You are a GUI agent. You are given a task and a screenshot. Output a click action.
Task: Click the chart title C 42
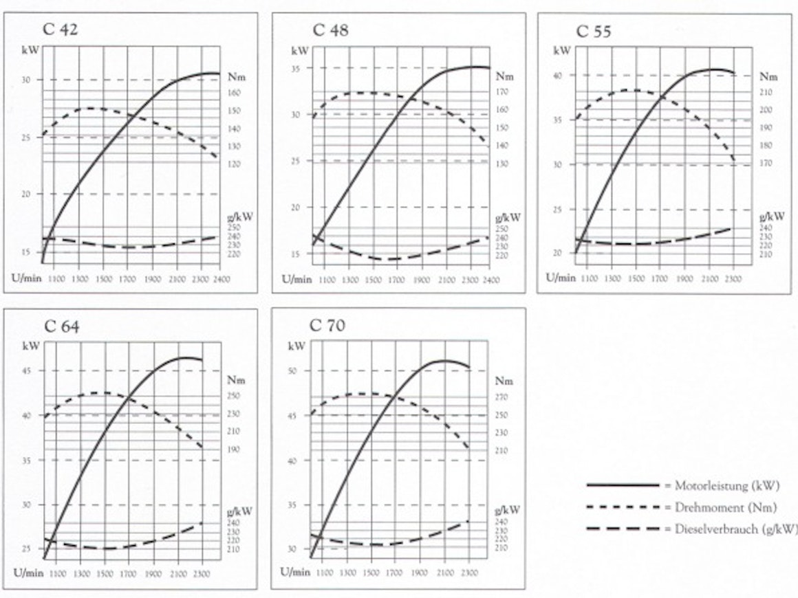[x=61, y=30]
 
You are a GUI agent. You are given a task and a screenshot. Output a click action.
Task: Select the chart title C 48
[x=330, y=30]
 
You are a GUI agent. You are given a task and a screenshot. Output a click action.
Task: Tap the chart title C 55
[x=593, y=32]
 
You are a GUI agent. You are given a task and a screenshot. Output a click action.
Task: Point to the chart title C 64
[x=62, y=326]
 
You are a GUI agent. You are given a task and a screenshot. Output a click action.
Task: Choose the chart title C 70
[x=327, y=325]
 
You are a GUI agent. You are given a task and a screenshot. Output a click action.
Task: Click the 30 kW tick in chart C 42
[x=27, y=80]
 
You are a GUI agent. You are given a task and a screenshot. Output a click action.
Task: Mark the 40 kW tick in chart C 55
[x=559, y=76]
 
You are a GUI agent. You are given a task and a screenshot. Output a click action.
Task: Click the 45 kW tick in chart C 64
[x=26, y=371]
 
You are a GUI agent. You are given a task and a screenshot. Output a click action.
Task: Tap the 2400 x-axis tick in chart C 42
[x=222, y=279]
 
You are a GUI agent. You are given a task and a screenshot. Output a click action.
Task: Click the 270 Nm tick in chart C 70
[x=500, y=397]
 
